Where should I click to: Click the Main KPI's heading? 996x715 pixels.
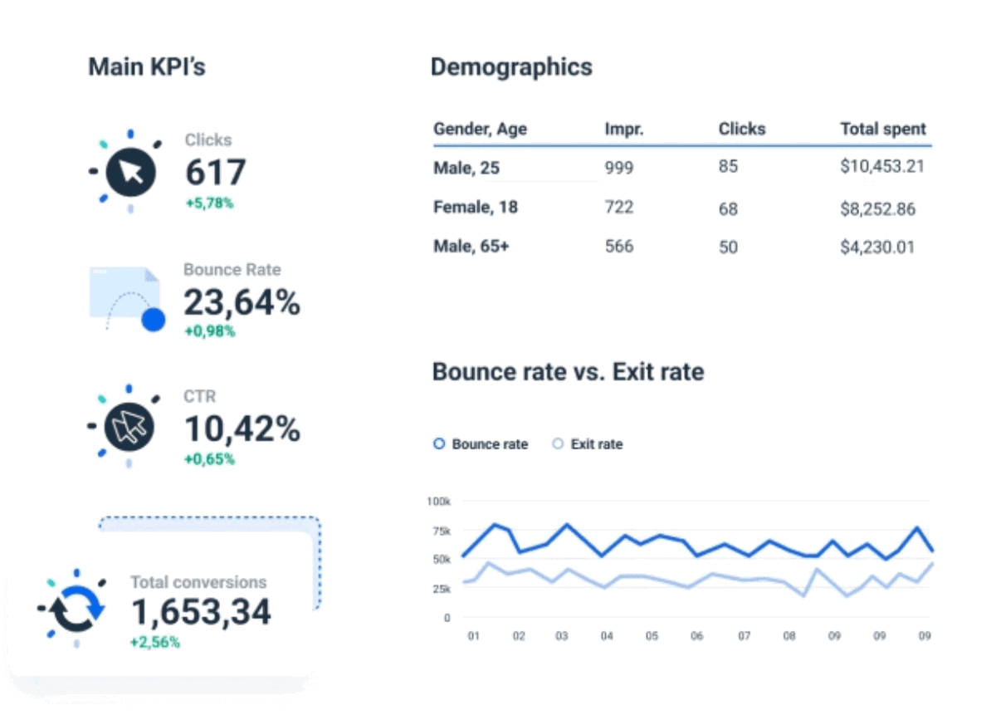pos(147,67)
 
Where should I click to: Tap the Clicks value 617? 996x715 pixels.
pos(215,172)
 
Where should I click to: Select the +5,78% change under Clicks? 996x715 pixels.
pos(209,202)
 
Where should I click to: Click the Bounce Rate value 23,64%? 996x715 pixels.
pos(242,303)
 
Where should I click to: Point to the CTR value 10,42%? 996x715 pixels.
pos(242,429)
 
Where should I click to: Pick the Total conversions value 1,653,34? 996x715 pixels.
pos(201,612)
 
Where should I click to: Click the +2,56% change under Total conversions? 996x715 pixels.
pos(154,642)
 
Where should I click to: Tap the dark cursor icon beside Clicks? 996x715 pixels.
pos(130,173)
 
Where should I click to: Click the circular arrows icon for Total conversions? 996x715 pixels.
pos(76,610)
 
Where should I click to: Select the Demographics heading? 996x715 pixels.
pos(511,67)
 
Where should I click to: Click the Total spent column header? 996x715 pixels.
pos(882,129)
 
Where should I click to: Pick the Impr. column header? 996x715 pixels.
pos(624,129)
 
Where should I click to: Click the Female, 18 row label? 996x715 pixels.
pos(475,207)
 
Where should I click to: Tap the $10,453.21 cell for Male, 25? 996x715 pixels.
pos(881,167)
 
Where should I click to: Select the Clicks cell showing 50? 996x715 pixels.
pos(728,247)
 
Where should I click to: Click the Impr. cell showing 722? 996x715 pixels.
pos(618,207)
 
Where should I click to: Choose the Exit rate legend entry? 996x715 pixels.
pos(588,444)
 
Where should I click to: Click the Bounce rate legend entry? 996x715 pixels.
pos(481,444)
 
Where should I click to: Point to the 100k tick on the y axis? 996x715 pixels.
pos(438,502)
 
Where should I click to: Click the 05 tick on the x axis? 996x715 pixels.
pos(652,636)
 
